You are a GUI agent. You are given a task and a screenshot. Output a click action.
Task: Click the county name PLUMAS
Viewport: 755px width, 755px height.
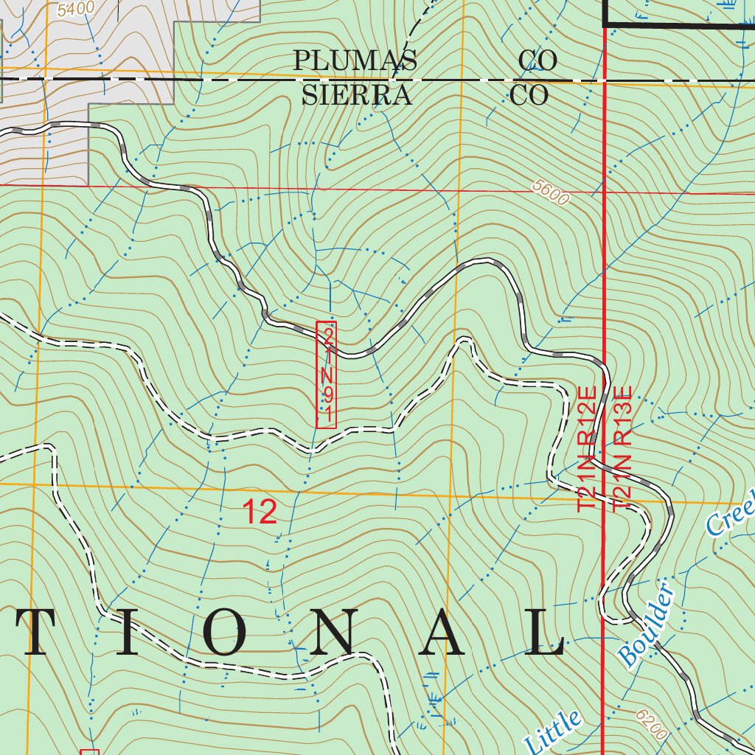click(355, 60)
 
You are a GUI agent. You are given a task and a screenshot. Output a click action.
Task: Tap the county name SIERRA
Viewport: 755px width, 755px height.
click(356, 95)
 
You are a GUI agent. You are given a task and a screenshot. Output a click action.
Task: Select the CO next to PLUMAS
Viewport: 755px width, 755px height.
click(537, 60)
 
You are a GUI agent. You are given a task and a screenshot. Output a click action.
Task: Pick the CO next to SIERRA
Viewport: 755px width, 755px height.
click(529, 95)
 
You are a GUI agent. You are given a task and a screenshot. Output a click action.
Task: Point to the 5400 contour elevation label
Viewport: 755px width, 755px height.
click(75, 8)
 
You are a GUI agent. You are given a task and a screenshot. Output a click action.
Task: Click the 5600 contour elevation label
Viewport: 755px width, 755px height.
click(551, 196)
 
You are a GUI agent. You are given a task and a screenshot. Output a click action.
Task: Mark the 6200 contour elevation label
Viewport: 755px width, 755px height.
click(650, 726)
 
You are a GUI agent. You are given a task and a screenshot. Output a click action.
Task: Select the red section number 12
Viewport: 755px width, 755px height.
click(260, 512)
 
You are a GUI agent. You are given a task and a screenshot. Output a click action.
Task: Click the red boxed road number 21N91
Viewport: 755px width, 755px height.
click(326, 375)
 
